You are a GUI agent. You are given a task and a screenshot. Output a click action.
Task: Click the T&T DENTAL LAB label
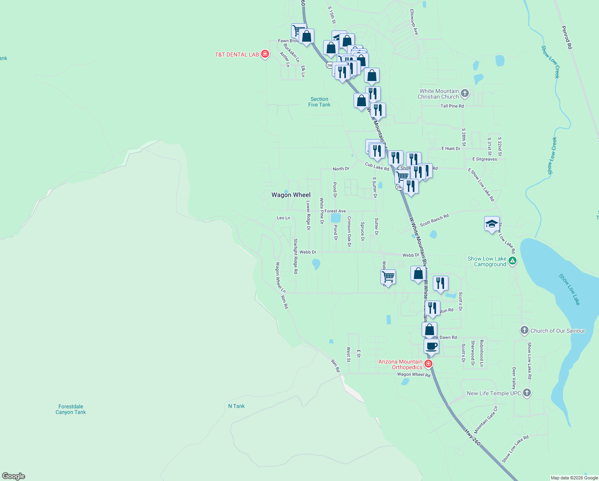[237, 55]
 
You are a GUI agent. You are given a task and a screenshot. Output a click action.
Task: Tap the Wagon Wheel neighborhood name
[291, 195]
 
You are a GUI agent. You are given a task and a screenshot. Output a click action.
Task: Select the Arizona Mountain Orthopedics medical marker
[428, 364]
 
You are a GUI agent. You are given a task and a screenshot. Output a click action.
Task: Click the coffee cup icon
[431, 346]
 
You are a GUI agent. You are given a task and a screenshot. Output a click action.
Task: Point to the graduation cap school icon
[492, 224]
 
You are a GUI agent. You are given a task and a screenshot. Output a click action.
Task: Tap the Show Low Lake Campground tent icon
[513, 261]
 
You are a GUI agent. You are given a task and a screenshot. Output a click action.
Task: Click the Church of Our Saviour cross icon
[524, 331]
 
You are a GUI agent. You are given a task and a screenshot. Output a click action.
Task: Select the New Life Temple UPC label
[494, 393]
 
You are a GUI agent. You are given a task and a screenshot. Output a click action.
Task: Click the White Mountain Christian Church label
[438, 94]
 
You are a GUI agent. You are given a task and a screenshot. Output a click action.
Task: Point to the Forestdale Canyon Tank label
[71, 409]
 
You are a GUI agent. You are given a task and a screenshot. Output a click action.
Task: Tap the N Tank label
[236, 406]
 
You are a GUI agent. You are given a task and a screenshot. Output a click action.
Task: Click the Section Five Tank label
[319, 102]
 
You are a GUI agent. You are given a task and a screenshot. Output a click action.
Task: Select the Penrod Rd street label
[567, 38]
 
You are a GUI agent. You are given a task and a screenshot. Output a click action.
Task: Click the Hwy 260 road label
[472, 437]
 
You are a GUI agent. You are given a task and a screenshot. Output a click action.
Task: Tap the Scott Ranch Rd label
[434, 220]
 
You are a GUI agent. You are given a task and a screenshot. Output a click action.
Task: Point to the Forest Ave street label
[335, 211]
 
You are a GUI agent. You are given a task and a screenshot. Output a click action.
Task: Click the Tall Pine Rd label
[452, 106]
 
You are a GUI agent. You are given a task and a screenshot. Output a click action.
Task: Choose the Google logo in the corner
[14, 476]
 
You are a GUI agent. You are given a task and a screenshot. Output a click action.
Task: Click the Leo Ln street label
[283, 218]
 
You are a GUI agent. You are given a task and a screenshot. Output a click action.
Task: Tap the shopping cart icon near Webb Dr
[388, 277]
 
